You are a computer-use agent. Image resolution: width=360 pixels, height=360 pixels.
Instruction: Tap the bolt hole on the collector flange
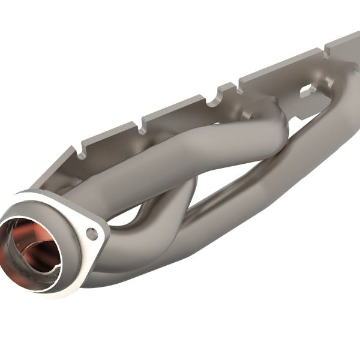pyautogui.click(x=92, y=234)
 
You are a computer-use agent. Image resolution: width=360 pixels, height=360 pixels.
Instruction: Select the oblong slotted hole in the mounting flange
pyautogui.click(x=308, y=91)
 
